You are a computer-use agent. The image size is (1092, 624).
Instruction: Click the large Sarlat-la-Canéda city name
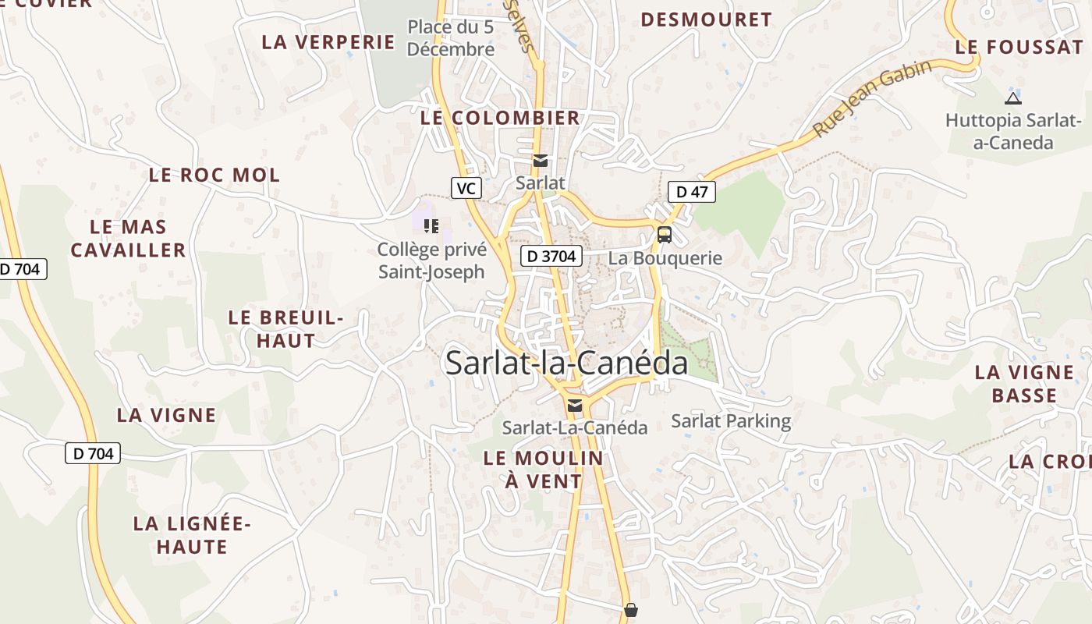pos(566,363)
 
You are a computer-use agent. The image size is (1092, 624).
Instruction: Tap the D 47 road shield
pos(691,192)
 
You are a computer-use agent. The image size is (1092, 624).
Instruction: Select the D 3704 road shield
pos(551,256)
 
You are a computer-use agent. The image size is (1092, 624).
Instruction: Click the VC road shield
pos(466,188)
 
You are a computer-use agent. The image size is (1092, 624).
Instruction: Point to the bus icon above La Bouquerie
pos(664,234)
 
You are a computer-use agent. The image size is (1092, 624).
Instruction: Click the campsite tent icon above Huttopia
pos(1012,98)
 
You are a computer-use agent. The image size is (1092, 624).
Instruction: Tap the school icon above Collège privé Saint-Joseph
pos(431,226)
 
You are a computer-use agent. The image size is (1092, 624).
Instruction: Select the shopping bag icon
pos(631,610)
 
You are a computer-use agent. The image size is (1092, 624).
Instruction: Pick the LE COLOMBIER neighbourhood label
pos(500,118)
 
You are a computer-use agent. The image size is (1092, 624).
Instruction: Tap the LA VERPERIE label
pos(328,42)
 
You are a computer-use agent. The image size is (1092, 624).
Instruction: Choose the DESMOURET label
pos(706,19)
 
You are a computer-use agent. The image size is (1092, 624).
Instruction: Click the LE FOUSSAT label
pos(1019,47)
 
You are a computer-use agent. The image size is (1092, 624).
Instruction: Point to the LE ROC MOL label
pos(214,175)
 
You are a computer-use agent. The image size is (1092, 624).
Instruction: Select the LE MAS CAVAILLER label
pos(128,239)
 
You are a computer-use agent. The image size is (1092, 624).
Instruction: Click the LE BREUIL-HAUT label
pos(285,329)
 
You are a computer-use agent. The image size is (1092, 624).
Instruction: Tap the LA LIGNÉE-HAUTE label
pos(191,535)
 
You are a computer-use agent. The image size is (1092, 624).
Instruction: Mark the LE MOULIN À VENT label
pos(543,470)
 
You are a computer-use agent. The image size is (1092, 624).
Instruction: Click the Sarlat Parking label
pos(731,421)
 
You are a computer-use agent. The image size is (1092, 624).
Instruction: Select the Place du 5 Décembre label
pos(450,38)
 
